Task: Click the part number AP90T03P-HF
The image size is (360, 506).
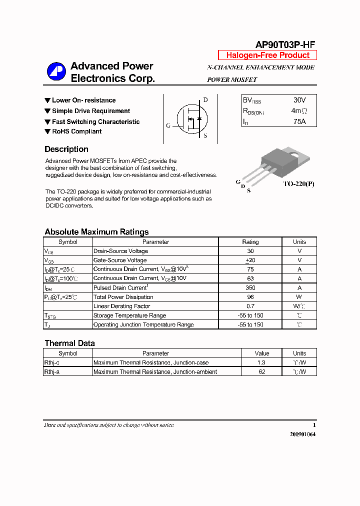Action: [x=285, y=44]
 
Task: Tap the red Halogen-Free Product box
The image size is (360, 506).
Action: [x=267, y=55]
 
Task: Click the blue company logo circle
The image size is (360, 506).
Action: [x=56, y=72]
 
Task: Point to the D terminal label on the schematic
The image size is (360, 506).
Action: [x=205, y=100]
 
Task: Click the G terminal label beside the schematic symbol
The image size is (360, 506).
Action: [x=168, y=126]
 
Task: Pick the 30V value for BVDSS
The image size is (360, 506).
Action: [x=299, y=100]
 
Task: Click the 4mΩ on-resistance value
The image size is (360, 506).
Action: [x=299, y=111]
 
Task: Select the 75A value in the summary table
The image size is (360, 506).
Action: [x=299, y=121]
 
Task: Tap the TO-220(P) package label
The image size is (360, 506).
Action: [x=298, y=184]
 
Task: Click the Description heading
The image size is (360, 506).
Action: [x=66, y=149]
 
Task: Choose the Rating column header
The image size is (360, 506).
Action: [x=250, y=242]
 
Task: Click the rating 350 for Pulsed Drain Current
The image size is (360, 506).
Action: [x=250, y=288]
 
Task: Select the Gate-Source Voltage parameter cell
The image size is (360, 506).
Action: [x=120, y=260]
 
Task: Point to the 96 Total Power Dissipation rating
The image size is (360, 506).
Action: [x=250, y=297]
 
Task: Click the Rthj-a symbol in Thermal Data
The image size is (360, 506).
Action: [x=52, y=372]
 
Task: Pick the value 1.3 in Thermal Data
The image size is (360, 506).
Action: [x=261, y=362]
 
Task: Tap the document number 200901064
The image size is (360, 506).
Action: [x=302, y=434]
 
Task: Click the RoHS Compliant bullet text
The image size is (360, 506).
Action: [x=76, y=131]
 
